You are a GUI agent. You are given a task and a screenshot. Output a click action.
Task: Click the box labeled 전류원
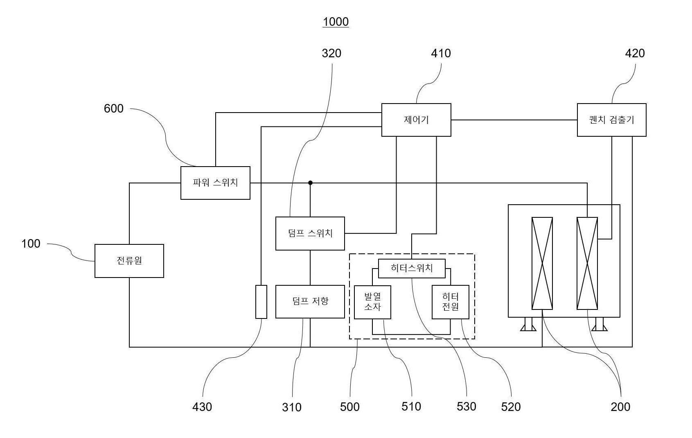point(129,261)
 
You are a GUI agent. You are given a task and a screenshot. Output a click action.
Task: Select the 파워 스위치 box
point(215,183)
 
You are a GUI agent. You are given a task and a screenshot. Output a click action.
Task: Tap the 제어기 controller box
point(416,120)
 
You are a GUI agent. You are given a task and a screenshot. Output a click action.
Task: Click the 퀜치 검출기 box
point(612,120)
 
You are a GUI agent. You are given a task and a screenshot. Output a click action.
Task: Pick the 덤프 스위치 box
point(310,233)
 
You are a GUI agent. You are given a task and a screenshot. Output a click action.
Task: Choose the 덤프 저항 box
point(310,302)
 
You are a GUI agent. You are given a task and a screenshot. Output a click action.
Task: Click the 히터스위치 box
point(412,268)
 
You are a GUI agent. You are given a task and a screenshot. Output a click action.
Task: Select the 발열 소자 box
point(372,302)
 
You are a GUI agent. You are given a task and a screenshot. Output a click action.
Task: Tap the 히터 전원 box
point(451,302)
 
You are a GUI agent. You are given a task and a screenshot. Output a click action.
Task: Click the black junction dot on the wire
point(310,183)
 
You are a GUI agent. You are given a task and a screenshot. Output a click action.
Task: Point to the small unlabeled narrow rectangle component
point(261,302)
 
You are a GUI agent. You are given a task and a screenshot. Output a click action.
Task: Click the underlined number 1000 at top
point(336,22)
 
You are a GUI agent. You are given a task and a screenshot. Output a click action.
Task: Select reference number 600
point(114,108)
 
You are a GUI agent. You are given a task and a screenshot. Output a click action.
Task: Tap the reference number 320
point(331,54)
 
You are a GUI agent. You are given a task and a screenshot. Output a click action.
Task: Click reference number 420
point(635,54)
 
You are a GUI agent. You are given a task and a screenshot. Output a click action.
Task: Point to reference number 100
point(31,244)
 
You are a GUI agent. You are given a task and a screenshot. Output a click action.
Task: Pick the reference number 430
point(202,407)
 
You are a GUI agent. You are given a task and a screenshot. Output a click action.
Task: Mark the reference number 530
point(467,406)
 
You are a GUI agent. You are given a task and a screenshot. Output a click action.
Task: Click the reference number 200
point(621,407)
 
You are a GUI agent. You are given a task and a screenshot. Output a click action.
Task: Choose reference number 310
point(292,407)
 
